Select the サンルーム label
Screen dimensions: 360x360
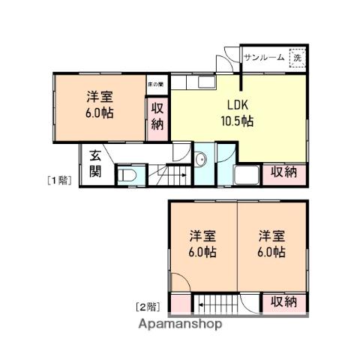[x=264, y=57]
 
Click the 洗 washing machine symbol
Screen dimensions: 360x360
[x=298, y=57]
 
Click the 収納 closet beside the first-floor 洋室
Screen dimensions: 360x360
[x=157, y=115]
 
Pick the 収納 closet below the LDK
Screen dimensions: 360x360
[x=284, y=172]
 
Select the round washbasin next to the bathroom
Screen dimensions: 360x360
[x=200, y=160]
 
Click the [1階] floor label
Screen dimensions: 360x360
[x=59, y=179]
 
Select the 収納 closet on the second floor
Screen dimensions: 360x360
[x=283, y=302]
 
